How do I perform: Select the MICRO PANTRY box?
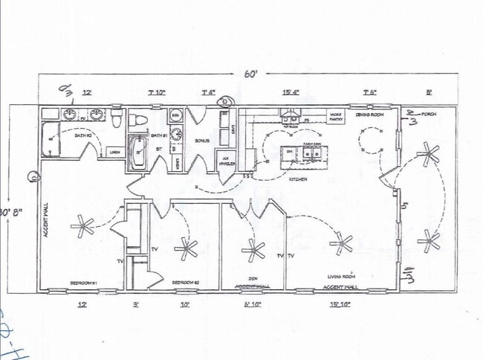pyautogui.click(x=336, y=116)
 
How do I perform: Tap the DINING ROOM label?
pyautogui.click(x=369, y=115)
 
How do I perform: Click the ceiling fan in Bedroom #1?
pyautogui.click(x=82, y=226)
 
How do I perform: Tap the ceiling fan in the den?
pyautogui.click(x=254, y=250)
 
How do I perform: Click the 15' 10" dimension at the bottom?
pyautogui.click(x=340, y=303)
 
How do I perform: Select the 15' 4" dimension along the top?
pyautogui.click(x=291, y=93)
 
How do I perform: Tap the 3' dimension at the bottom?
pyautogui.click(x=136, y=303)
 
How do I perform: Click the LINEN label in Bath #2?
pyautogui.click(x=114, y=152)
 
